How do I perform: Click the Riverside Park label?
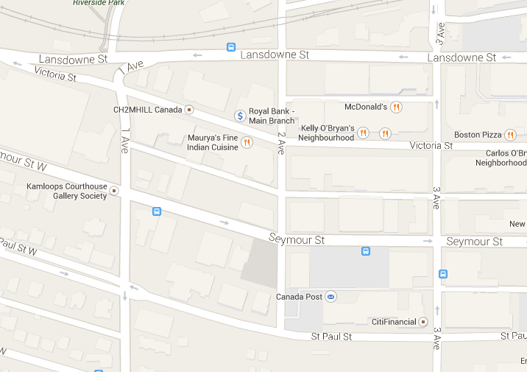99,3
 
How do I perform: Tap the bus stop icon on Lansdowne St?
231,47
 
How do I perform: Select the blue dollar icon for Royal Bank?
239,116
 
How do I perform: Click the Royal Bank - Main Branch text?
272,116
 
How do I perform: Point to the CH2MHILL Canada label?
146,110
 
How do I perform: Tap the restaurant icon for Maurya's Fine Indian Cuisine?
247,142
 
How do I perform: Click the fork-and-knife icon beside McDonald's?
396,107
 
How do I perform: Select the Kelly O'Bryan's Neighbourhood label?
328,133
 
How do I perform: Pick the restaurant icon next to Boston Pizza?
510,135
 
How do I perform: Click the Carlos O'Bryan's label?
506,158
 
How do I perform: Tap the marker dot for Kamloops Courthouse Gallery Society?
113,192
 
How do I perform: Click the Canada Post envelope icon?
331,297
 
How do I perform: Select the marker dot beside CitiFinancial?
422,322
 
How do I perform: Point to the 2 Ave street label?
281,143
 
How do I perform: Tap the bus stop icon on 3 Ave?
443,274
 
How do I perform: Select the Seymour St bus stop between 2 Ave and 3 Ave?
366,251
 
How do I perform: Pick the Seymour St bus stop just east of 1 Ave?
156,211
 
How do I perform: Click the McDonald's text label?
365,107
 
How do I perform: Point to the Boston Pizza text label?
477,135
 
